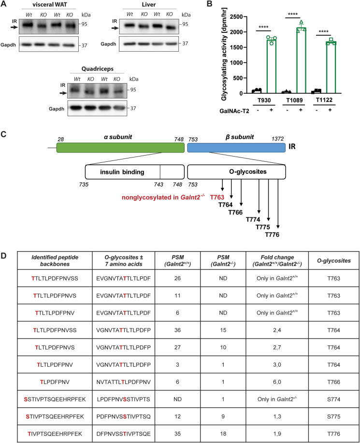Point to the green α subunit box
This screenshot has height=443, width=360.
click(121, 147)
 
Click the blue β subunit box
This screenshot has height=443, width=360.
click(236, 147)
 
